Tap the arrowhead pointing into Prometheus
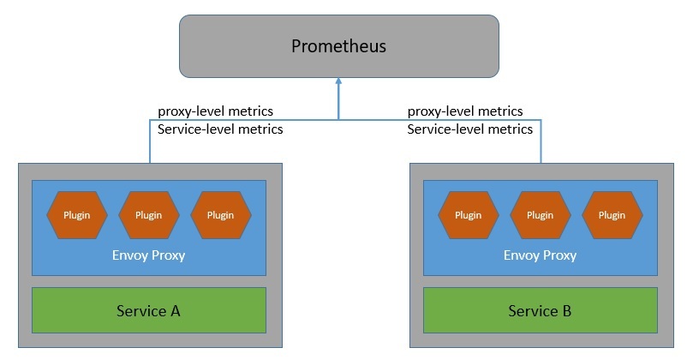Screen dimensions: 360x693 click(338, 83)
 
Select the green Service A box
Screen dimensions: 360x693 click(148, 310)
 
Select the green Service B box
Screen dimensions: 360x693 click(540, 310)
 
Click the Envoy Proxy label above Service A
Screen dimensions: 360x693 click(148, 255)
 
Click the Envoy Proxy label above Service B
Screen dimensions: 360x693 click(540, 255)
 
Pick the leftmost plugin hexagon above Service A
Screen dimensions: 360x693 click(77, 215)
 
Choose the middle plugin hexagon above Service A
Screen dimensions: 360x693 click(148, 215)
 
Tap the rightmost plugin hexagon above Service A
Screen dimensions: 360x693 click(220, 215)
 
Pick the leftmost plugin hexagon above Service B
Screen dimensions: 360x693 click(468, 215)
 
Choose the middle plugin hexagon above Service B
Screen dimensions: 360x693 click(540, 215)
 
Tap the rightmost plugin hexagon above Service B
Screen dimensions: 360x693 click(612, 215)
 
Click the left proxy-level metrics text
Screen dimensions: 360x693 click(216, 111)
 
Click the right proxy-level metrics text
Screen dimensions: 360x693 click(465, 111)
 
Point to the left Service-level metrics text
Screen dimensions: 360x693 click(220, 129)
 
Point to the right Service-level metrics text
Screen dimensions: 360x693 click(469, 129)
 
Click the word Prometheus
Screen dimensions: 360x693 click(338, 46)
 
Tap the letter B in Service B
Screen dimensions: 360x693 click(566, 310)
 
